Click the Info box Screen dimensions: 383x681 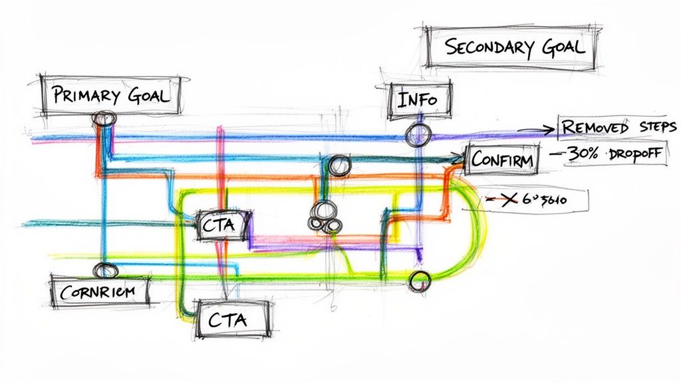click(x=418, y=100)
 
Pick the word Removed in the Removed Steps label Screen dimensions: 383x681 click(x=591, y=126)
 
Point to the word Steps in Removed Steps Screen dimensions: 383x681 click(x=655, y=126)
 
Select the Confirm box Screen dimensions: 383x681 click(x=502, y=160)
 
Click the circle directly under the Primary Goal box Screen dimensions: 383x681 click(x=103, y=119)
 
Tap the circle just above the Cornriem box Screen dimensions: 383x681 click(x=104, y=271)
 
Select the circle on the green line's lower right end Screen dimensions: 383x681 click(x=419, y=282)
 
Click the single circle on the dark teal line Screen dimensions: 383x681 click(x=339, y=166)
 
